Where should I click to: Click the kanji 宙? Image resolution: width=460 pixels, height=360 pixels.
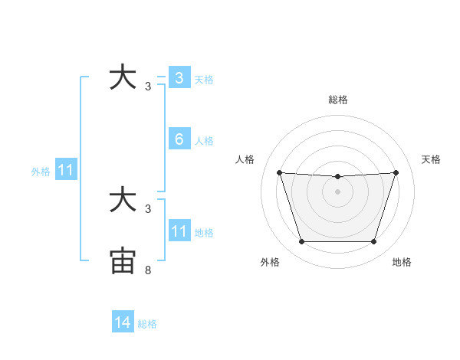[x=123, y=260]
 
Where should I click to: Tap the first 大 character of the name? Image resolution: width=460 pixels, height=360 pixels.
[x=123, y=78]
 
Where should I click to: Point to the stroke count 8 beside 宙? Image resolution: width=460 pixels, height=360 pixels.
[x=148, y=270]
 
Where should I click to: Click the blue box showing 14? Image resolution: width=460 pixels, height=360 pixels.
[x=123, y=322]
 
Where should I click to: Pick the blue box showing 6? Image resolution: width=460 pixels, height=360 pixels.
[x=179, y=139]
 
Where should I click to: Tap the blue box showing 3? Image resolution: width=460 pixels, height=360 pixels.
[x=179, y=78]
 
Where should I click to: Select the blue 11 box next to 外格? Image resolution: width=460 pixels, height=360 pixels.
[x=65, y=171]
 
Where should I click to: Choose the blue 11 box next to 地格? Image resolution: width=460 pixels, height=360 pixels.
[x=179, y=232]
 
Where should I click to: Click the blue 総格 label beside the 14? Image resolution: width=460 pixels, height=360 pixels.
[x=147, y=323]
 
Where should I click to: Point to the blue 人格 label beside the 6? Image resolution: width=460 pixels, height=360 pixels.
[x=204, y=141]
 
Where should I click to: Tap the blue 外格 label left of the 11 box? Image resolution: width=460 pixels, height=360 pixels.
[x=41, y=172]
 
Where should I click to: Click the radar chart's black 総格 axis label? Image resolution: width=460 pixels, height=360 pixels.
[x=337, y=100]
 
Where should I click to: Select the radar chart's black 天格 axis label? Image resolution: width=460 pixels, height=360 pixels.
[x=431, y=159]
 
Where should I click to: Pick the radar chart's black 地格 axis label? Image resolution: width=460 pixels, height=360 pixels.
[x=402, y=262]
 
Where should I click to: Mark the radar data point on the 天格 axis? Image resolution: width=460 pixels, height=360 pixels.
[x=396, y=172]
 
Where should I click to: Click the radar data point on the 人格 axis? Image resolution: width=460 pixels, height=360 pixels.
[x=279, y=172]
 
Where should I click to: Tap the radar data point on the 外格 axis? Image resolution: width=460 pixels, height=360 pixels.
[x=301, y=242]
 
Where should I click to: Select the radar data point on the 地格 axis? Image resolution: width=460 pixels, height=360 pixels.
[x=373, y=242]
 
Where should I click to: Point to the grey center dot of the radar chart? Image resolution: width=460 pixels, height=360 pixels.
[x=337, y=191]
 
